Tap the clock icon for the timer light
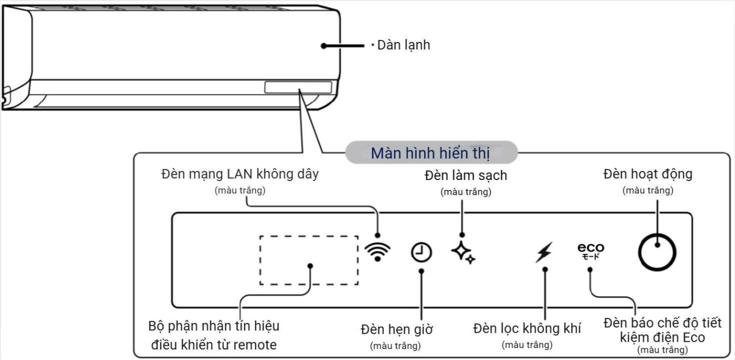[x=421, y=253]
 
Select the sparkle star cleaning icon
[x=463, y=252]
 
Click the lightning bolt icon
[x=544, y=252]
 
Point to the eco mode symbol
[x=591, y=251]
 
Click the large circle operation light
[x=657, y=252]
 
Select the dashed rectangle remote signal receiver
[x=309, y=260]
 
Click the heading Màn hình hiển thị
[x=430, y=153]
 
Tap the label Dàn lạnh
[x=403, y=45]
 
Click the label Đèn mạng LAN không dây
[x=240, y=174]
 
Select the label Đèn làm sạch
[x=465, y=175]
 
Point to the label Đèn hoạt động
[x=648, y=174]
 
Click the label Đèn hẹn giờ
[x=396, y=330]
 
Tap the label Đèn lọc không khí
[x=527, y=329]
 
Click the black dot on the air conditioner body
[x=324, y=46]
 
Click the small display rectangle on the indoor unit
[x=298, y=87]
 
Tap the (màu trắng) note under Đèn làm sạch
[x=466, y=192]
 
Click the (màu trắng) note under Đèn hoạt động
[x=648, y=190]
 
